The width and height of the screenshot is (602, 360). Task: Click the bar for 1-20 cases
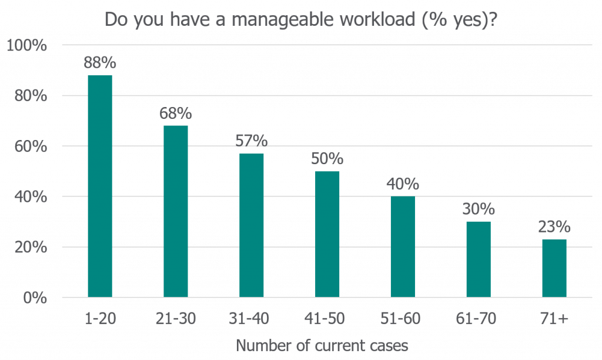(100, 186)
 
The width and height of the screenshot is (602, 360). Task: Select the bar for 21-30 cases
(176, 211)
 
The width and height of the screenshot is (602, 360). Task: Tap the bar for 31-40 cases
(252, 225)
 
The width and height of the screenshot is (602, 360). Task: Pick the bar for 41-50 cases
(327, 234)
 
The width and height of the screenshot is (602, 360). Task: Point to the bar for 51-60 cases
(403, 246)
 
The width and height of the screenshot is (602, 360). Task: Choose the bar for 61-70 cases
(479, 259)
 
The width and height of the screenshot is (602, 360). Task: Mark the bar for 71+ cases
(554, 268)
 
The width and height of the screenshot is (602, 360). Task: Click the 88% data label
(100, 63)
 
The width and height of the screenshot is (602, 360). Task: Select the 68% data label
(176, 113)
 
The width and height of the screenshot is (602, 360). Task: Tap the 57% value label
(252, 141)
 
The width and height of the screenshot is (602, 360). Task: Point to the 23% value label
(554, 227)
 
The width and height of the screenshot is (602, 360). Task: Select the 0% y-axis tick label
(33, 298)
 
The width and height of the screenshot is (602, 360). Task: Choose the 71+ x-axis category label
(554, 319)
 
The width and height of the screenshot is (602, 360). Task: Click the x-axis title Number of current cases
(322, 345)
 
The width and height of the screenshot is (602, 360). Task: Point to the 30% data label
(479, 209)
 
